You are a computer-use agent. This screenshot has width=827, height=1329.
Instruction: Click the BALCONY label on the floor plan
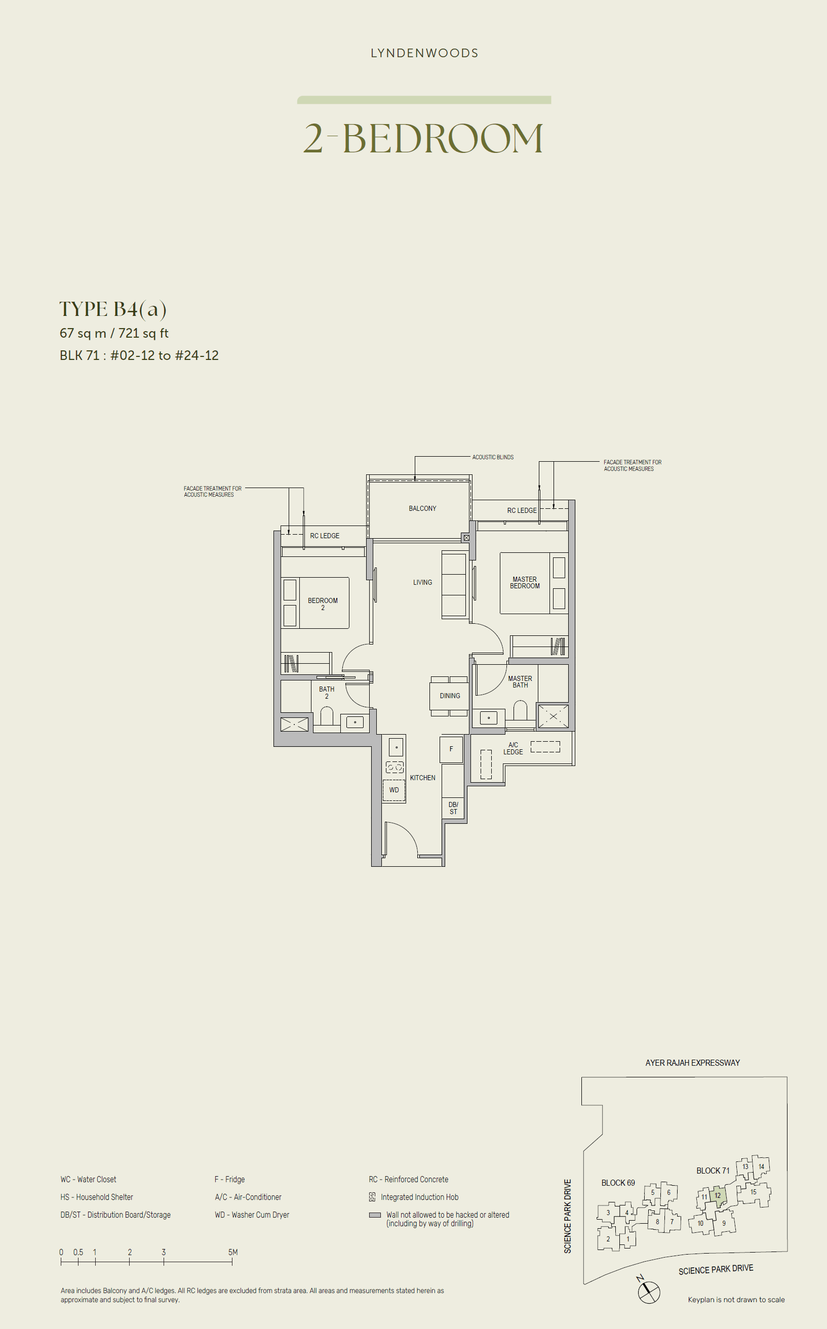[422, 508]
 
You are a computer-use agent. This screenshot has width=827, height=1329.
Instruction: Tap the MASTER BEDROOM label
[525, 583]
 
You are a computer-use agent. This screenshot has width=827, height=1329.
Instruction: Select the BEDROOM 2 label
[323, 603]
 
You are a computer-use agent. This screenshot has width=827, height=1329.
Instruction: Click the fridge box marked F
[451, 749]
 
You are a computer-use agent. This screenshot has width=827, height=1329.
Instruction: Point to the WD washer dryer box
[394, 790]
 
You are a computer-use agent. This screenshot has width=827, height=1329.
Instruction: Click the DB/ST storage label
[453, 808]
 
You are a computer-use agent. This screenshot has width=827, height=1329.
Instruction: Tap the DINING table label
[450, 696]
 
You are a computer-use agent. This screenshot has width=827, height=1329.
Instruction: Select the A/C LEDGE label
[513, 748]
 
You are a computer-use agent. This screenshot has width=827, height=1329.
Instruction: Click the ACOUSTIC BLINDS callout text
[493, 457]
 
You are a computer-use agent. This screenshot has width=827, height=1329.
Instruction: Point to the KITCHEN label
[423, 777]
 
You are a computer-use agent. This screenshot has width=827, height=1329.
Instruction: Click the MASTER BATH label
[520, 682]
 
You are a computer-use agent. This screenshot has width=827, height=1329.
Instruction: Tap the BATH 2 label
[327, 693]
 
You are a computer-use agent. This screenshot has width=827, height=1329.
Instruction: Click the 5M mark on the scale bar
[232, 1252]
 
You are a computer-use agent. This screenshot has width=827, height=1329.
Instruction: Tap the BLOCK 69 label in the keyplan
[618, 1183]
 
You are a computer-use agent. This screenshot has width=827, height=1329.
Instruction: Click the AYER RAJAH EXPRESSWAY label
[692, 1063]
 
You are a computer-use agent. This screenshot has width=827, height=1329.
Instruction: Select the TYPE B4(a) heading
[112, 309]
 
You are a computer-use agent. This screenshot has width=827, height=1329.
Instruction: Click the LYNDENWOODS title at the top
[424, 53]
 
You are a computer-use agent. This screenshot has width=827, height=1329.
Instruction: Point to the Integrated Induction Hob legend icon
[372, 1197]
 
